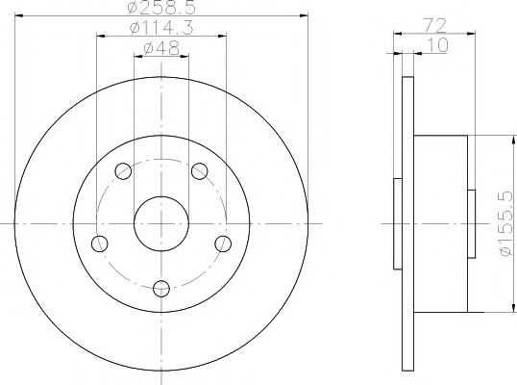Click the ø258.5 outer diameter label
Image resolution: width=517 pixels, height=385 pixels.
point(161,9)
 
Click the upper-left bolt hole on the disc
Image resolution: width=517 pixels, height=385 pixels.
point(123,171)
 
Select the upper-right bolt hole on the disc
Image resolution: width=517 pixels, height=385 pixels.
point(199,171)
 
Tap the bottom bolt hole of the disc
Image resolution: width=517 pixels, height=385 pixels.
point(161,286)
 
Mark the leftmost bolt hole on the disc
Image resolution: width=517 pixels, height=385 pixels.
point(99,243)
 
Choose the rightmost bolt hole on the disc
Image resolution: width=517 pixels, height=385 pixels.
point(223,243)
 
